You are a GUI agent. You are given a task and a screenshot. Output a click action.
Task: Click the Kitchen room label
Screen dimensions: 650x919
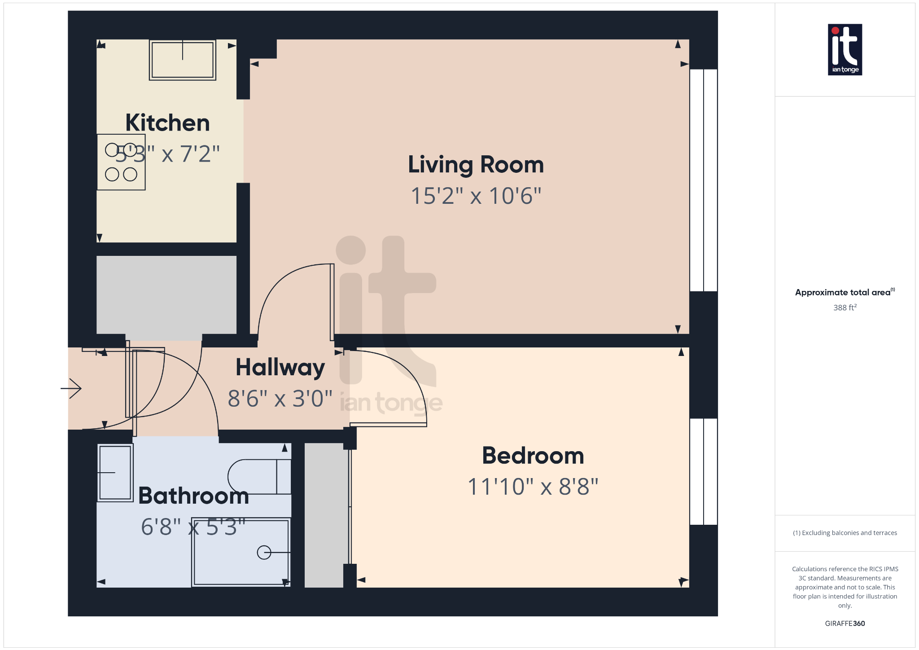tap(167, 123)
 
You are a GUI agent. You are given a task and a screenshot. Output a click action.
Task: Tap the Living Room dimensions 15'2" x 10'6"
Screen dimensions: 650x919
tap(476, 196)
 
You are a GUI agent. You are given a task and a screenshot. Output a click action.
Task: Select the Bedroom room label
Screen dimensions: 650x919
tap(533, 456)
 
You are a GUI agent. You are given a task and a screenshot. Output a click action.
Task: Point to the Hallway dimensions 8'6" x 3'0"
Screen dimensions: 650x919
tap(280, 399)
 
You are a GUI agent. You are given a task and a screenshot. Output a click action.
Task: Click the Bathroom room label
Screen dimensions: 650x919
tap(193, 496)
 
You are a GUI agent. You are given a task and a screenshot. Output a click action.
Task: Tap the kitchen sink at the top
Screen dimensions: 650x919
tap(183, 60)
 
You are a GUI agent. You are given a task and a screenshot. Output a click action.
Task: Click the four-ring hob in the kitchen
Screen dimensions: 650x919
tap(121, 162)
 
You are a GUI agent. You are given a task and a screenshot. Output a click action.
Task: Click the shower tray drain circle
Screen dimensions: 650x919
tap(264, 552)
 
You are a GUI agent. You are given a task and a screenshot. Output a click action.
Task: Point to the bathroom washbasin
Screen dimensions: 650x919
tap(115, 473)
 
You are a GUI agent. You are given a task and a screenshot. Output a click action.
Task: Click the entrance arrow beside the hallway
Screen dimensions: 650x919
tap(71, 388)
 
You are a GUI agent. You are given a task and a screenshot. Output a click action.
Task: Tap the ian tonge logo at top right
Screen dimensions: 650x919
tap(845, 49)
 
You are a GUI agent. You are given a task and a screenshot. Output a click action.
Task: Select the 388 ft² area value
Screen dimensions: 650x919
tap(845, 307)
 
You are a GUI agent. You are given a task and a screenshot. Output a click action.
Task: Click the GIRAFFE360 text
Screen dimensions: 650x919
tap(845, 623)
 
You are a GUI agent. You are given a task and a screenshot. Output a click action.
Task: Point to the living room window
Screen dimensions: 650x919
tap(703, 180)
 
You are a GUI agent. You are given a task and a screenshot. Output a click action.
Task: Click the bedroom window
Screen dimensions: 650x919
tap(703, 471)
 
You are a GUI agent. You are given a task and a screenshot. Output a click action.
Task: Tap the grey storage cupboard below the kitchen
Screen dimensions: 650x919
tap(166, 295)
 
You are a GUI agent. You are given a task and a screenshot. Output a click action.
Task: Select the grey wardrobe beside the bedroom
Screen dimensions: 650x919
tap(326, 515)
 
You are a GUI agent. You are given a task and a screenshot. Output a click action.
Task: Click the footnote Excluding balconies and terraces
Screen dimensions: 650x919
tap(845, 533)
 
